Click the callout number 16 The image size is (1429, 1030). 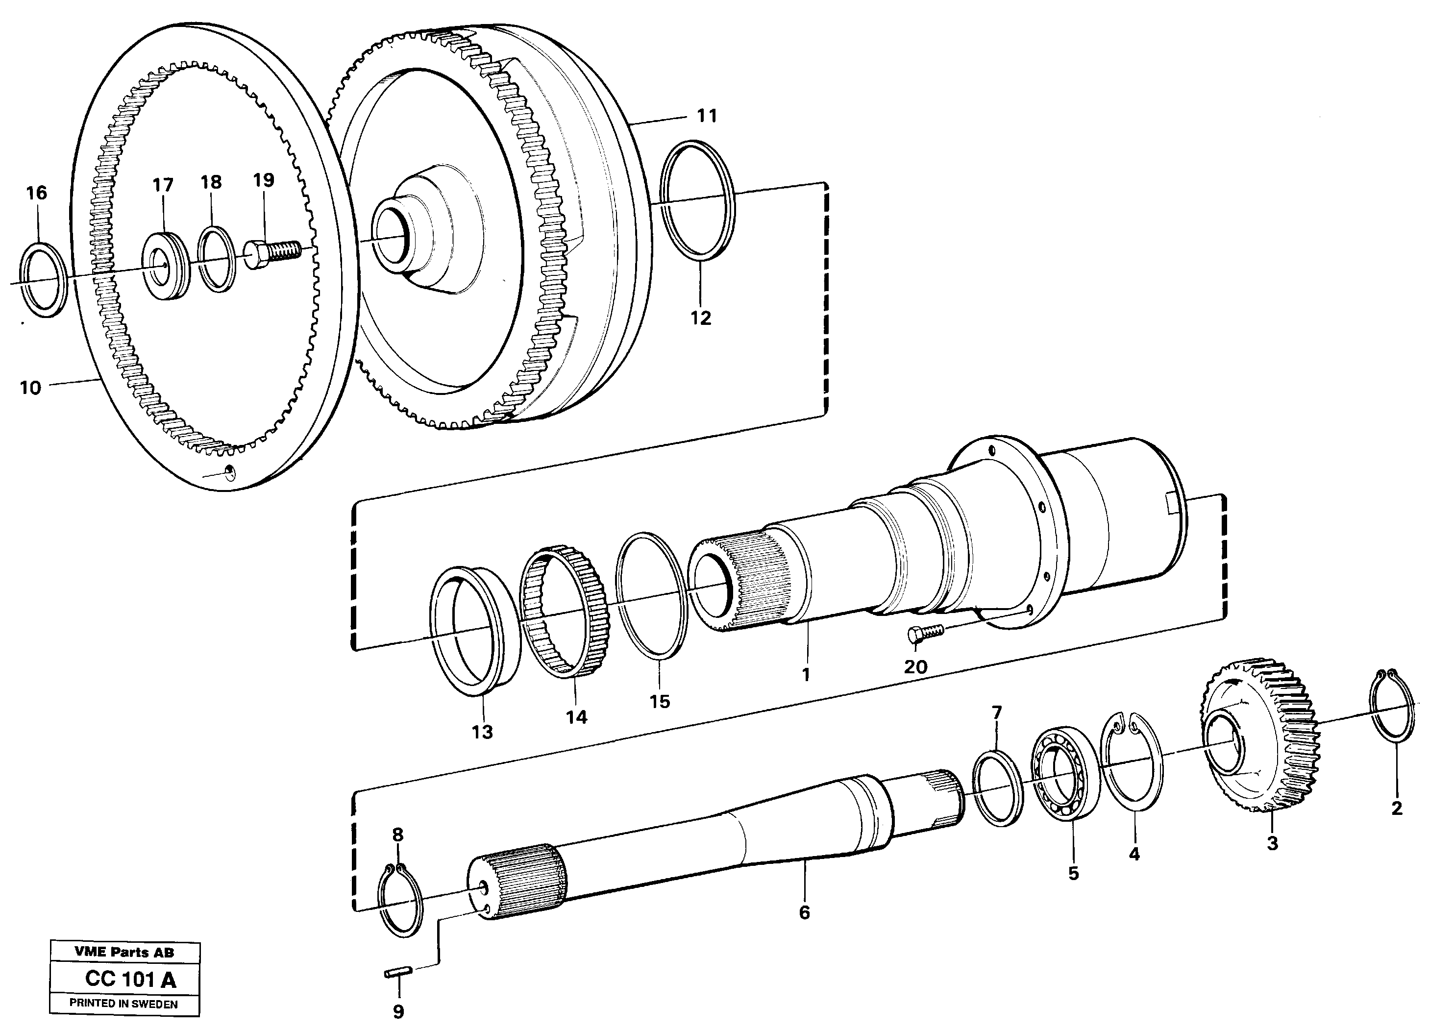[x=37, y=193]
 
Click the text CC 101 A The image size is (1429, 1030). [x=130, y=980]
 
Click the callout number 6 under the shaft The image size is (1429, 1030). [x=804, y=912]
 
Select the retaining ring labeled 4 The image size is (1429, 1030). [x=1132, y=787]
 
